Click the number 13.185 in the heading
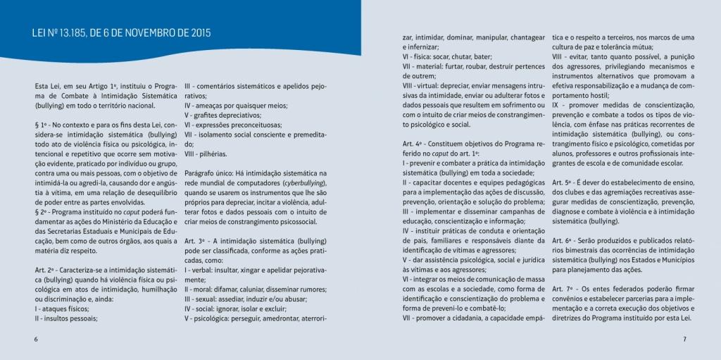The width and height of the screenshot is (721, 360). click(69, 33)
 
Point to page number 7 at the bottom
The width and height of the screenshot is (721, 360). click(684, 339)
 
